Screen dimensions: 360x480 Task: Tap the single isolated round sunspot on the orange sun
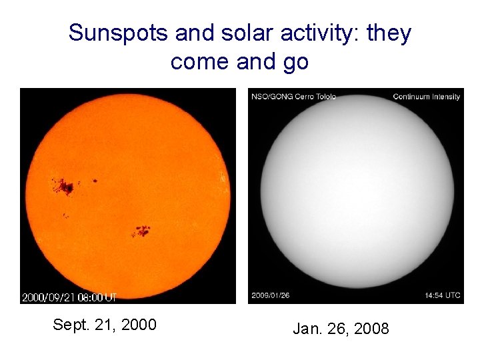[95, 180]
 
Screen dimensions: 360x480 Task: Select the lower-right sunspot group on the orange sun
[141, 231]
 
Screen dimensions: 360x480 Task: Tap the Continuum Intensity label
[426, 97]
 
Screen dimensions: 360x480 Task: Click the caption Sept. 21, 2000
[105, 325]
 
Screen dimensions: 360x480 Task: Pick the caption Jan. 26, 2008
[341, 328]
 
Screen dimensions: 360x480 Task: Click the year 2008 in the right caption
[371, 328]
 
